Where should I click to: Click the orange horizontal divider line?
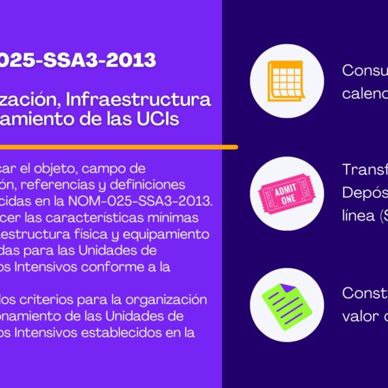[118, 146]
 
